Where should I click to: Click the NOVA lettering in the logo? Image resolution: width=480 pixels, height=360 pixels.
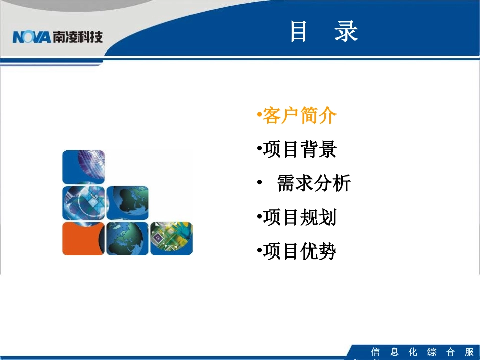tap(31, 37)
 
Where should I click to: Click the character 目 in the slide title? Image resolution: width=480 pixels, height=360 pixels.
tap(299, 32)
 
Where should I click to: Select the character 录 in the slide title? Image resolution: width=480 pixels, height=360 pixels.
tap(346, 32)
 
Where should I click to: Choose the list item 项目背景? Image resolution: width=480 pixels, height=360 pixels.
tap(299, 150)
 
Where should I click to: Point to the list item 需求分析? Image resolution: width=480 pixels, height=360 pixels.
tap(313, 184)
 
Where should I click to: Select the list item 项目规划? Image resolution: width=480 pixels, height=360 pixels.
tap(299, 218)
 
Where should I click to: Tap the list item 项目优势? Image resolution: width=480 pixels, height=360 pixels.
tap(299, 251)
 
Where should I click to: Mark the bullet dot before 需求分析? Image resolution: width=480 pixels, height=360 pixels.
tap(259, 183)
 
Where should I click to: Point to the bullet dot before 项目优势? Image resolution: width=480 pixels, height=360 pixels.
tap(259, 251)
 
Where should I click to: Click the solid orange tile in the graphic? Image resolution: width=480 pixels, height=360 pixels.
tap(83, 238)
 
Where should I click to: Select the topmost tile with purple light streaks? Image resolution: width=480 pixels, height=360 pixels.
tap(83, 167)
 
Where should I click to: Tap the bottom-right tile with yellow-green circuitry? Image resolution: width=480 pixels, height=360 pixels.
tap(171, 238)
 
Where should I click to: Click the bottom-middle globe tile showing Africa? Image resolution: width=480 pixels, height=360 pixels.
tap(127, 238)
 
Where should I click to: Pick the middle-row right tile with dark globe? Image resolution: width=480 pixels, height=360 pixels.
tap(127, 202)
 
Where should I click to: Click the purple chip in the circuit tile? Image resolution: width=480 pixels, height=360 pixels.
tap(158, 236)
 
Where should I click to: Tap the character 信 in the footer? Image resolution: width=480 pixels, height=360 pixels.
tap(375, 352)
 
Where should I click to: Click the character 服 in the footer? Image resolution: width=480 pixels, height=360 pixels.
tap(469, 352)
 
